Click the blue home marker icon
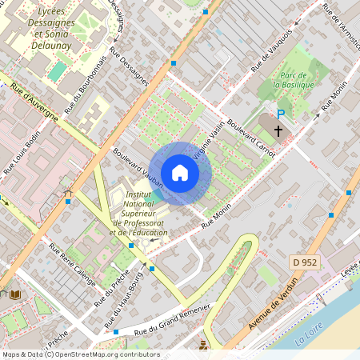180,173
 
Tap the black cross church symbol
279,130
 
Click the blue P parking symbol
280,114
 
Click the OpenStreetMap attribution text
80,354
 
